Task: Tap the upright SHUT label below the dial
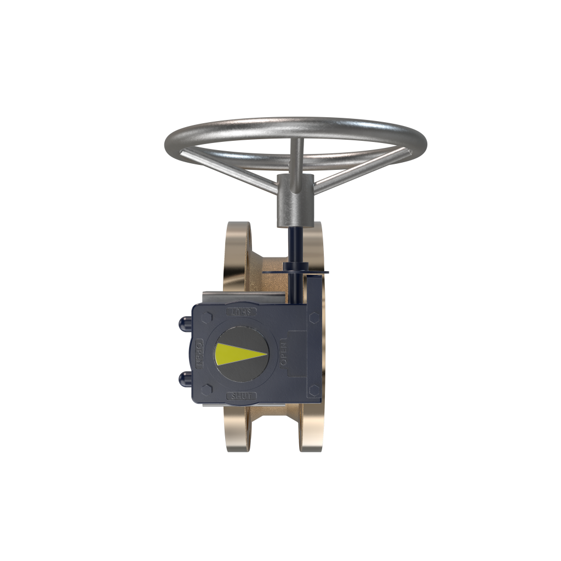pos(241,396)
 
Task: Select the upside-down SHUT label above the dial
pos(241,312)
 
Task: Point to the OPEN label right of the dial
pos(283,353)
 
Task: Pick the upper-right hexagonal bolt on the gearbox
pos(314,317)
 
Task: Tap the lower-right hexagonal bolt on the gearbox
pos(313,390)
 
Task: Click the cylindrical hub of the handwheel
pos(294,201)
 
